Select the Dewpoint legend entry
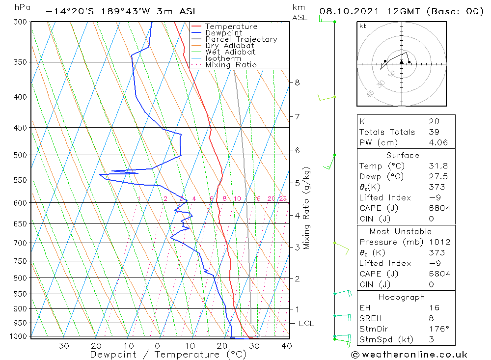tap(224, 33)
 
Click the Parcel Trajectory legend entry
tap(241, 39)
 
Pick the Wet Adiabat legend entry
tap(230, 52)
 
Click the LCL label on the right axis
tap(306, 324)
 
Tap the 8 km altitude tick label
tap(297, 83)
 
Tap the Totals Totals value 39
tap(434, 132)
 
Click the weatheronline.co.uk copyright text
tap(409, 355)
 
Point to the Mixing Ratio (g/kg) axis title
tap(307, 208)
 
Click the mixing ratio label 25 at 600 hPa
tap(283, 199)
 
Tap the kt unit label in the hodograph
tap(362, 26)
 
